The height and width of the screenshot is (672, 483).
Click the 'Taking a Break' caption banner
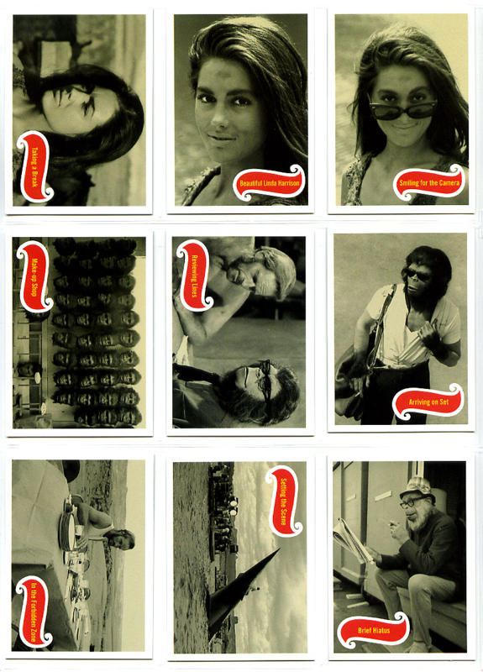pyautogui.click(x=34, y=166)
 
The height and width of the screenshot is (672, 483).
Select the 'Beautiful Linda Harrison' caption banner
pyautogui.click(x=269, y=183)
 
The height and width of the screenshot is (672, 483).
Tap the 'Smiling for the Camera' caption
pyautogui.click(x=429, y=182)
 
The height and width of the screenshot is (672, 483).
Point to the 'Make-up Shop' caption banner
pyautogui.click(x=34, y=277)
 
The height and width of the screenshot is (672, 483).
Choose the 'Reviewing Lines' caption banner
pyautogui.click(x=194, y=276)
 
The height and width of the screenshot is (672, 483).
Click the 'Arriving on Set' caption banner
pyautogui.click(x=428, y=402)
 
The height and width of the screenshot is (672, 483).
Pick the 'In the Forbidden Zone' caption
pyautogui.click(x=34, y=612)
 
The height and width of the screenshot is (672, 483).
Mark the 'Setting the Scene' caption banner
pyautogui.click(x=284, y=501)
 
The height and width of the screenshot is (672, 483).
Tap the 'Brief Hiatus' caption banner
pyautogui.click(x=374, y=630)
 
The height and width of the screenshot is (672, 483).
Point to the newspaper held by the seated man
pyautogui.click(x=350, y=540)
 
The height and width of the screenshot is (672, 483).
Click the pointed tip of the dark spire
pyautogui.click(x=280, y=549)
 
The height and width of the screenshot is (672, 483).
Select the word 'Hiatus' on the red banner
pyautogui.click(x=381, y=631)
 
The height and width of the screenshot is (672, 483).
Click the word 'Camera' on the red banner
pyautogui.click(x=449, y=182)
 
